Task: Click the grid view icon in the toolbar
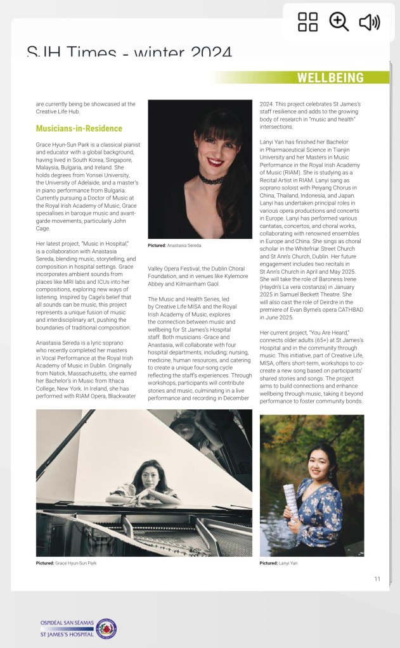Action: coord(308,22)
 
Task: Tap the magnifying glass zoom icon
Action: coord(339,22)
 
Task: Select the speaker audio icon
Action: coord(369,22)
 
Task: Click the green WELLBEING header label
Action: coord(330,78)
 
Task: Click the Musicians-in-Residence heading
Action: coord(79,129)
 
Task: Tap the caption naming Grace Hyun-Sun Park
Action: coord(66,562)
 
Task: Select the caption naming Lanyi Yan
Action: coord(278,562)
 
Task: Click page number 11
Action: coord(377,578)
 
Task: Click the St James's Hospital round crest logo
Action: coord(106,628)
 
